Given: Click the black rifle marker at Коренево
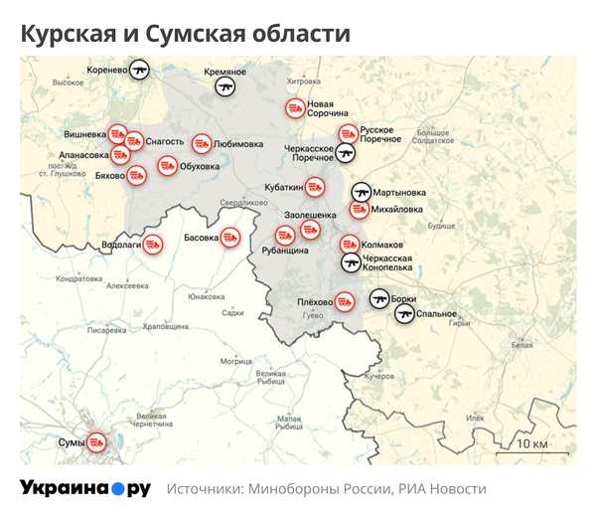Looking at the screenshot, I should point(140,71).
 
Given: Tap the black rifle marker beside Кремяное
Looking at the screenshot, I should point(226,86).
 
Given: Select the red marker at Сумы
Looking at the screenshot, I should point(96,440).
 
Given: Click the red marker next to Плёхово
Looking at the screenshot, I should point(344,301).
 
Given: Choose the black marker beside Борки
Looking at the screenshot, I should point(378,297).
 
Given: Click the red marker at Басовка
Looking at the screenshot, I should point(230,238).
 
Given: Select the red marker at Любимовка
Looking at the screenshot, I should point(202,143).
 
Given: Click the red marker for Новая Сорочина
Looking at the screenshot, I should point(294,108).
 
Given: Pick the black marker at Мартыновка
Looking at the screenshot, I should point(360,192).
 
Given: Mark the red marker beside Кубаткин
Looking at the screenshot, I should point(315,186).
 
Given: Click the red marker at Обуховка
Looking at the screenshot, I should point(167,165).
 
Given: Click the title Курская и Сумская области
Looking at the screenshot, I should point(186,34).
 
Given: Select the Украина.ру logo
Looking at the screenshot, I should point(85,488).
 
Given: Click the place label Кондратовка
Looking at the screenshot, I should point(79,279).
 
